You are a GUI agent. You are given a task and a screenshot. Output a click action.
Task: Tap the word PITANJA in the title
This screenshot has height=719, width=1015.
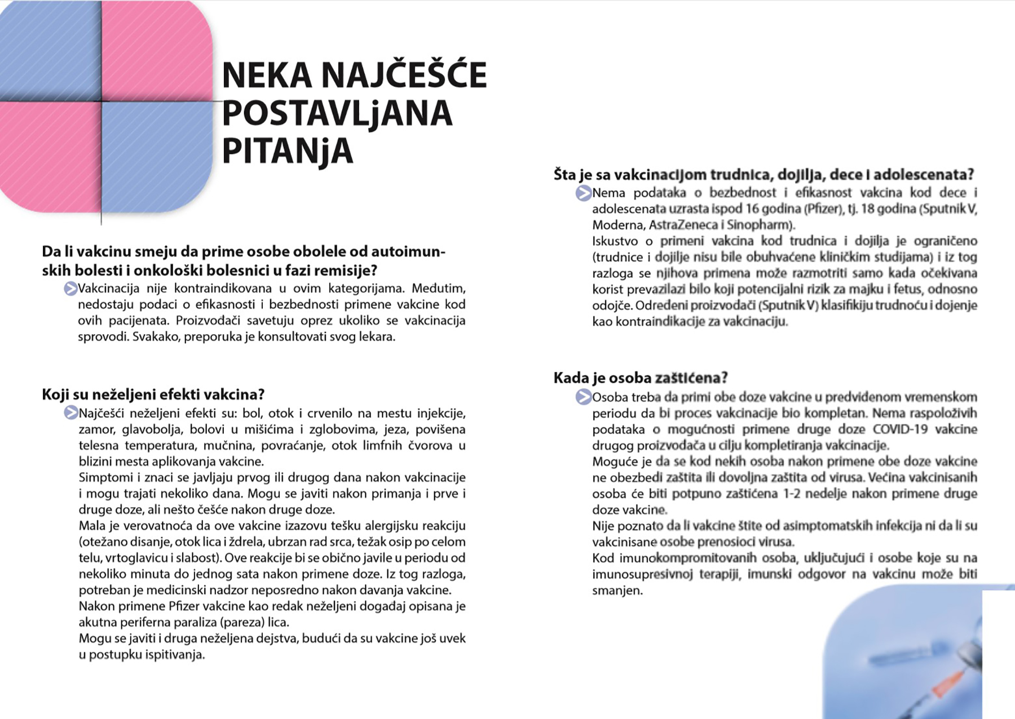pos(287,150)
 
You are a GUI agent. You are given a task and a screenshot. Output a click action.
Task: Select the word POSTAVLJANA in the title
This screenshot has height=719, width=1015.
pos(337,113)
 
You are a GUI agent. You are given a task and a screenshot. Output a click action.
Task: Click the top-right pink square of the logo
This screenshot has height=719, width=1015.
pos(156,51)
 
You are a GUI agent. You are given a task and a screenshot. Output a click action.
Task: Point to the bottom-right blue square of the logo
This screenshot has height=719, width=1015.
pos(156,155)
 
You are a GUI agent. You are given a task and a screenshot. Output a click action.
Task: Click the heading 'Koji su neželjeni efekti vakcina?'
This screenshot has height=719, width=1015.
pos(153,394)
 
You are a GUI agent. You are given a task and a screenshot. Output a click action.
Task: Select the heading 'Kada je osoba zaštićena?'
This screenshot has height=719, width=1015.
pos(641,377)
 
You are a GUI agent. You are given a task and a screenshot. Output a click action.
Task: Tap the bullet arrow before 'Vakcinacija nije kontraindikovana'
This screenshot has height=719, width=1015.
pos(70,289)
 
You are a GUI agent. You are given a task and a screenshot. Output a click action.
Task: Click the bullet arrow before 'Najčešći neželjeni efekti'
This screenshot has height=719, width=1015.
pos(70,413)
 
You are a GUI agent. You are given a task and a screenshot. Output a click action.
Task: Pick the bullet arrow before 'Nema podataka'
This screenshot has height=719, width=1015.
pos(583,193)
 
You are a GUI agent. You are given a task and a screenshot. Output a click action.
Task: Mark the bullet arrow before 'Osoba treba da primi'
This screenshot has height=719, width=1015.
pos(583,397)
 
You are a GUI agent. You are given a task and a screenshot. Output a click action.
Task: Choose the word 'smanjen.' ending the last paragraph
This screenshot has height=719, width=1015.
pos(617,591)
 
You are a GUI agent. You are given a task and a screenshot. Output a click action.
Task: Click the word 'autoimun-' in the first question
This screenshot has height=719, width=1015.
pos(408,251)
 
